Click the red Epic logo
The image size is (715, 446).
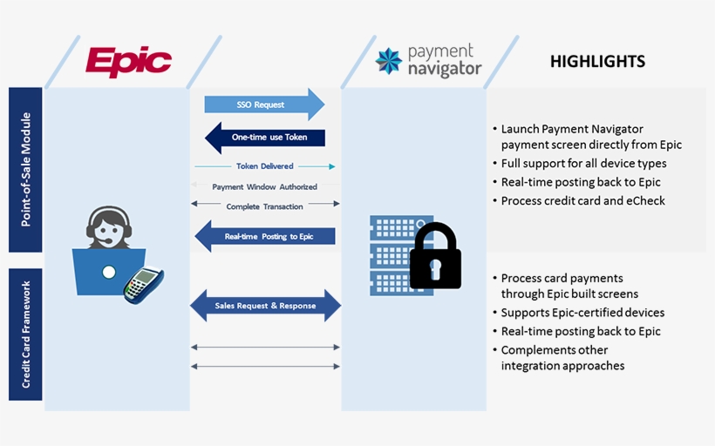(x=128, y=63)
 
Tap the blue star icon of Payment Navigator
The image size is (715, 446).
(x=388, y=61)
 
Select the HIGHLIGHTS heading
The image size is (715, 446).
(x=597, y=61)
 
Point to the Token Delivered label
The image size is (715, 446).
(x=264, y=166)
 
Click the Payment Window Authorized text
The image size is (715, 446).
(x=264, y=186)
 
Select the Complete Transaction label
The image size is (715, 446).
(x=264, y=206)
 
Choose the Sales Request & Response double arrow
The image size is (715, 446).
(x=265, y=306)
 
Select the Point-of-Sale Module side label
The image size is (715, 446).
(x=25, y=169)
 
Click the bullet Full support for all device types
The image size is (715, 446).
(x=582, y=163)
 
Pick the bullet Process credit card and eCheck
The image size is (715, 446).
(x=582, y=200)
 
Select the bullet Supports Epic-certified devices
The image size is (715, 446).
(x=582, y=313)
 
